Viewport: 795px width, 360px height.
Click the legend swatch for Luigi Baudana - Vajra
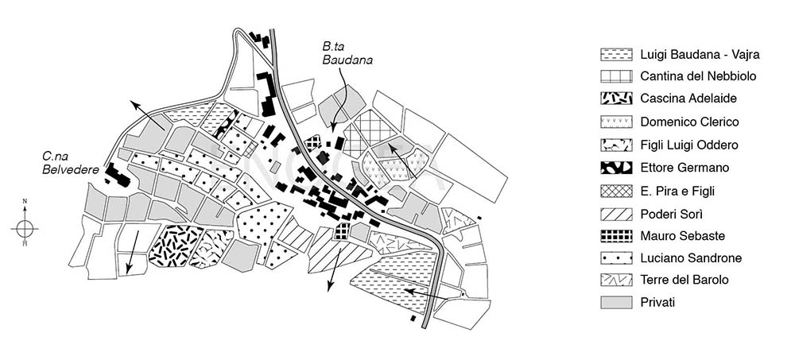point(615,55)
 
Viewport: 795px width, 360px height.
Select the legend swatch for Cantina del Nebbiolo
point(615,77)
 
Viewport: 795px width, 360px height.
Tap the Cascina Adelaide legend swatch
point(615,99)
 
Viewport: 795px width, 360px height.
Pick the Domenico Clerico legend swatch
point(615,122)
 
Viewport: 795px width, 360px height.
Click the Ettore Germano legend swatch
point(615,168)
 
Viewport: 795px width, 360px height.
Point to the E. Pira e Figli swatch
point(615,190)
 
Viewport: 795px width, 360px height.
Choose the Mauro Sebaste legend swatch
point(615,235)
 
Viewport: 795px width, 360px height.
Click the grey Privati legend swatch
point(615,303)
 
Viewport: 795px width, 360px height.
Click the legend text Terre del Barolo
point(683,280)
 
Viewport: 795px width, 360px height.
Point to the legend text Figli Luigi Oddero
point(689,145)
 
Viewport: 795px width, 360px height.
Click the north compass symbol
point(25,228)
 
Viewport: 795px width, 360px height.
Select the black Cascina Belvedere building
point(118,175)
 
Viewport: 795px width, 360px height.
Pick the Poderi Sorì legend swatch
point(615,212)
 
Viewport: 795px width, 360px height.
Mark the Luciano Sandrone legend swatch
point(615,257)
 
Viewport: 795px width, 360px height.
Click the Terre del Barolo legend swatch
point(615,280)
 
